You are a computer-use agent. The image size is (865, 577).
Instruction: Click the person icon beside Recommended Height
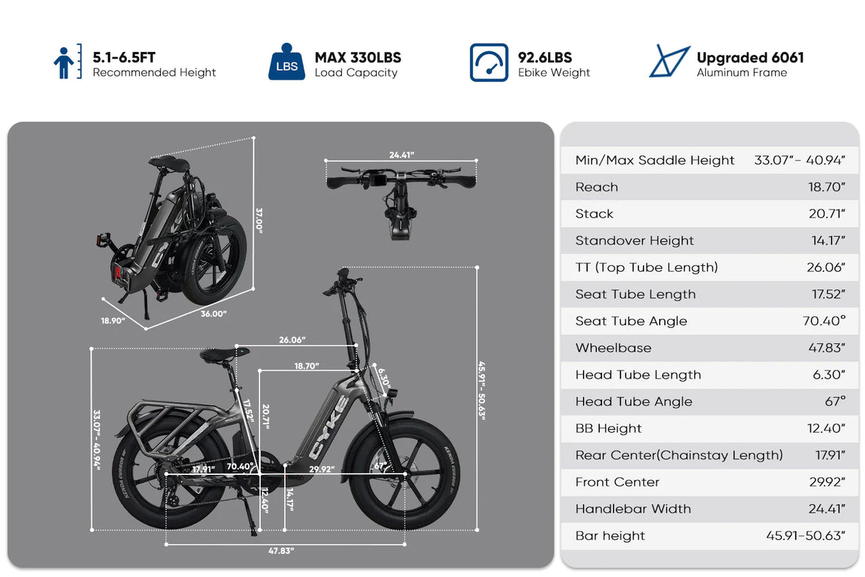point(63,63)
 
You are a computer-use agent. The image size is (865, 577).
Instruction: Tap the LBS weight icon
point(286,63)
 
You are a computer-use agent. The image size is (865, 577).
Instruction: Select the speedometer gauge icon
point(489,63)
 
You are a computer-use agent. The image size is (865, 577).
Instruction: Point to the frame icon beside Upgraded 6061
point(669,62)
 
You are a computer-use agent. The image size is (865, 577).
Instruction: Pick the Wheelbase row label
point(613,348)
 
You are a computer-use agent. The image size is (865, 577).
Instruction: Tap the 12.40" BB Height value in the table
point(828,429)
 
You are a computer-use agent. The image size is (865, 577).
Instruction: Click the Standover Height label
point(634,240)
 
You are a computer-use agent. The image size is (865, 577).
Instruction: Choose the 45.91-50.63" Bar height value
point(805,536)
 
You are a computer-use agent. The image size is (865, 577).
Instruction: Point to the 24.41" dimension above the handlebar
point(402,154)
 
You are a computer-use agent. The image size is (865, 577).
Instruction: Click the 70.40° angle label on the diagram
point(239,466)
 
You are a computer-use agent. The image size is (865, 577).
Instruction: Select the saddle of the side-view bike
point(221,354)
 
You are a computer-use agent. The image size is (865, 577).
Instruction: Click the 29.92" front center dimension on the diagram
point(321,469)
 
